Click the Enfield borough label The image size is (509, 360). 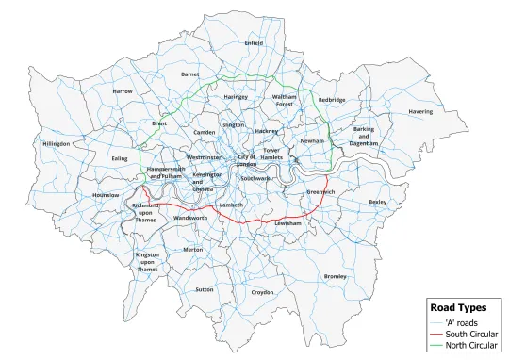254,42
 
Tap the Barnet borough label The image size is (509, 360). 190,73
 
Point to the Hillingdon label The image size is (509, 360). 57,144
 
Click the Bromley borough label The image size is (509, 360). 335,276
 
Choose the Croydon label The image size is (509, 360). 262,292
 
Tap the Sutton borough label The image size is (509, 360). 204,289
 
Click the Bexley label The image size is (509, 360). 378,202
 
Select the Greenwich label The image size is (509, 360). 321,191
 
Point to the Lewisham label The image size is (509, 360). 287,223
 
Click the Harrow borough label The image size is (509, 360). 123,91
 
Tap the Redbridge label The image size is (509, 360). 332,99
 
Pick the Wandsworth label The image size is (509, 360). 190,218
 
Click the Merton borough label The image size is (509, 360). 193,250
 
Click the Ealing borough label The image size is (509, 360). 119,159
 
